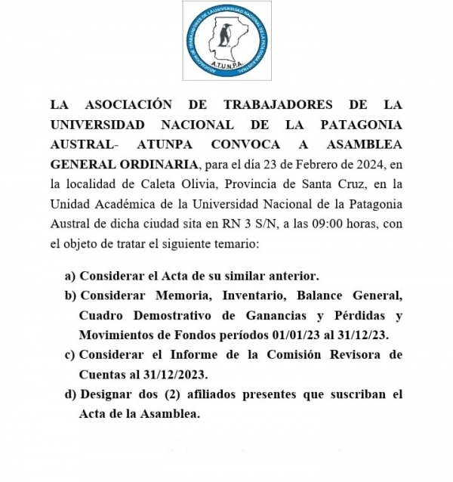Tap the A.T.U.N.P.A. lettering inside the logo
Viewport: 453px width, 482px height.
pos(226,66)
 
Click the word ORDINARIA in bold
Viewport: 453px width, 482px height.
pos(159,164)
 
